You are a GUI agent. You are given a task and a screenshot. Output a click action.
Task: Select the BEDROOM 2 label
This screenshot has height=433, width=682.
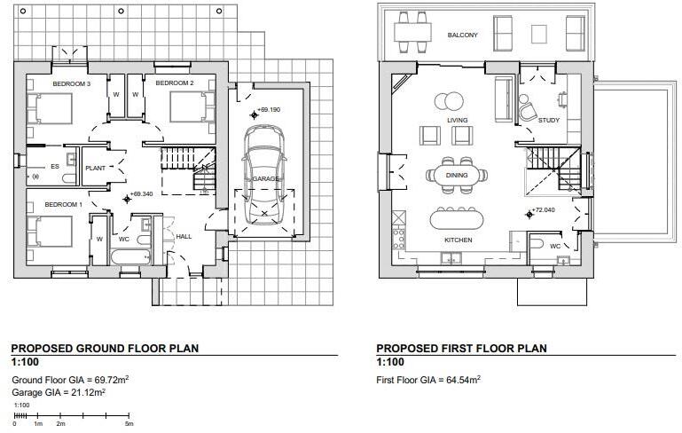174,83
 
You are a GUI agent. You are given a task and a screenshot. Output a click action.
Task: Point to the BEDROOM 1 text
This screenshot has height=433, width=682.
63,204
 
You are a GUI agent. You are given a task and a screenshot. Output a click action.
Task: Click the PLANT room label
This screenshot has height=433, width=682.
95,167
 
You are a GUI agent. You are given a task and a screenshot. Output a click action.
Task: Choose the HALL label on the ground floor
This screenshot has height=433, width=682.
184,237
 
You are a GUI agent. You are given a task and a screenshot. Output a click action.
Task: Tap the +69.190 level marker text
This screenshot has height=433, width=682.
269,110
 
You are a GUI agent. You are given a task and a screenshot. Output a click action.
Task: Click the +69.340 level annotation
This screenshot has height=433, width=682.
141,193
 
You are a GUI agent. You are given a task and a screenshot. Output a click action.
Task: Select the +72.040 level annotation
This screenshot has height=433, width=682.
543,211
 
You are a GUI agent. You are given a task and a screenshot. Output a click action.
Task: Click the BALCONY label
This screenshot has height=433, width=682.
462,35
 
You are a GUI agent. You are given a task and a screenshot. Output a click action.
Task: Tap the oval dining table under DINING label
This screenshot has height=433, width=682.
457,175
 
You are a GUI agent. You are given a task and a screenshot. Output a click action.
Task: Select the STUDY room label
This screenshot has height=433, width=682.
548,120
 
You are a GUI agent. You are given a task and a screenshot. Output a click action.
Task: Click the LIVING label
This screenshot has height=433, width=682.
458,120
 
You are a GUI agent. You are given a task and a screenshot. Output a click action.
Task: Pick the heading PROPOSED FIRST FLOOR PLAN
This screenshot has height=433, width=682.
461,349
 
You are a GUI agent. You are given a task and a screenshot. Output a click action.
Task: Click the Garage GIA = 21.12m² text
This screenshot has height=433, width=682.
59,392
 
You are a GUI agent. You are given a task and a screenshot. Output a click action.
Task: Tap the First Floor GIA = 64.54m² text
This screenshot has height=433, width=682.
428,379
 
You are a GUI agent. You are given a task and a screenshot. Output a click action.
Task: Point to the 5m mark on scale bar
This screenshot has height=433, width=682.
129,424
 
